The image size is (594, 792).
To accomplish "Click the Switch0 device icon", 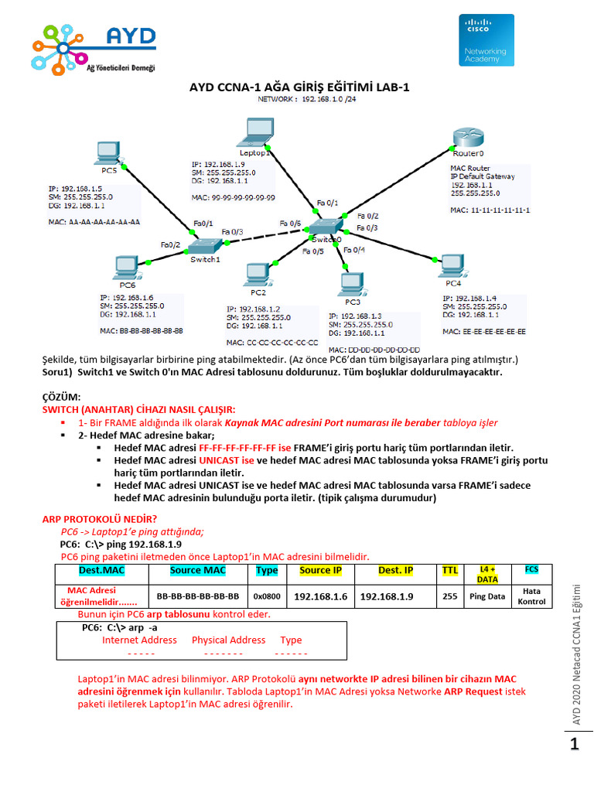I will coord(324,227).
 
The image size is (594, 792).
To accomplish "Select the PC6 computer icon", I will coord(125,268).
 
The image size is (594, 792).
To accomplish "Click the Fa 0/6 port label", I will coord(291,223).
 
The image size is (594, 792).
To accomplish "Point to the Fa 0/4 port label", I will coord(354,250).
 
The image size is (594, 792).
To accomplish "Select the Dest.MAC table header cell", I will coord(101,571).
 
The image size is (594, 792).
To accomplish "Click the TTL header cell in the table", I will coord(449,571).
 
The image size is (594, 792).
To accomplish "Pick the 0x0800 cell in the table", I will coord(267,596).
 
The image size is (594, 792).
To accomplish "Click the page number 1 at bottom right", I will coord(575,745).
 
